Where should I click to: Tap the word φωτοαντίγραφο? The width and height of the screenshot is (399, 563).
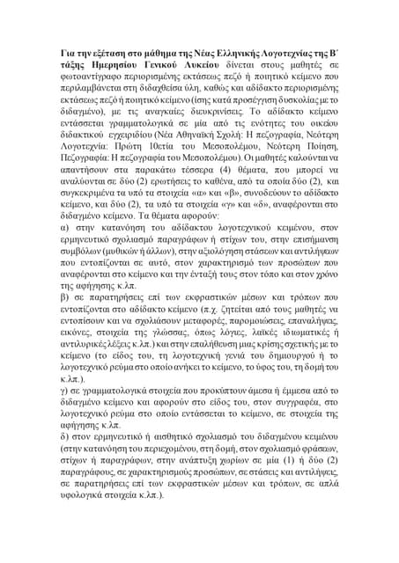[100, 83]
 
